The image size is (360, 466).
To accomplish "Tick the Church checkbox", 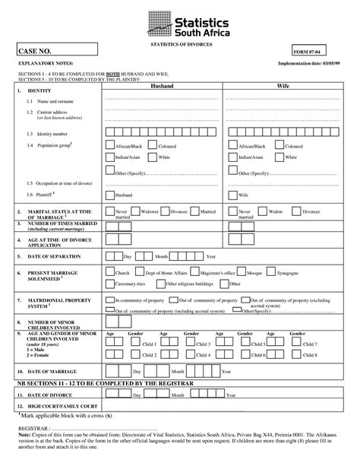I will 109,271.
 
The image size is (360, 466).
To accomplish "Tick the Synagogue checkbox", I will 291,271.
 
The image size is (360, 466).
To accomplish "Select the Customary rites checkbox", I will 109,283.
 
